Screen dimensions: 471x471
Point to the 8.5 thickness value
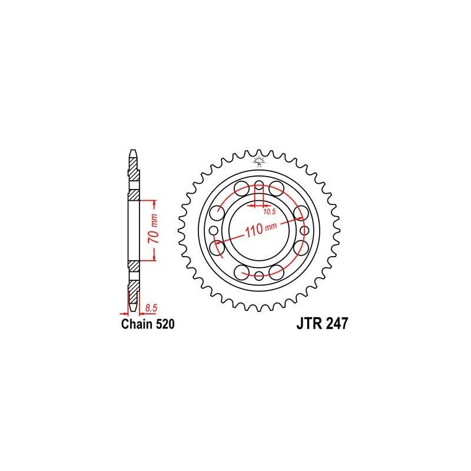(151, 307)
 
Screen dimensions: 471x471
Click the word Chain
(135, 324)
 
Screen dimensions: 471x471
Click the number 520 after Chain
(164, 324)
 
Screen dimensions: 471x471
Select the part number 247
(335, 324)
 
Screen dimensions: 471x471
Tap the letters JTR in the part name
(306, 324)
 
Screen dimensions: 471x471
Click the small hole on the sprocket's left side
(213, 229)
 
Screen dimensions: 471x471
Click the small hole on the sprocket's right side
(305, 229)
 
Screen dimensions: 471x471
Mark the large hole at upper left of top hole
(241, 188)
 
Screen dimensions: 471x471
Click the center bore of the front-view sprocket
(259, 229)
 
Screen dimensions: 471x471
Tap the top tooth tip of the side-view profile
(134, 152)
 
